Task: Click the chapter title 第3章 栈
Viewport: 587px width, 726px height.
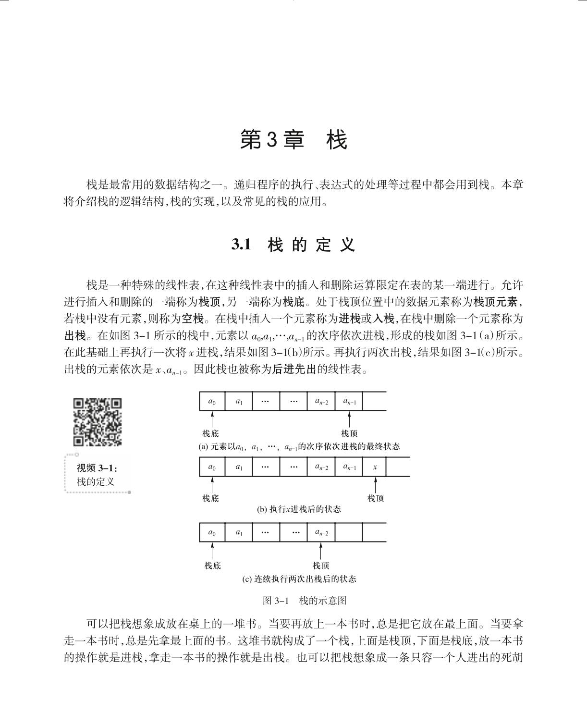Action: (x=293, y=140)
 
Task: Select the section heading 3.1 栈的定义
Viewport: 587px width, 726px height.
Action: (x=293, y=245)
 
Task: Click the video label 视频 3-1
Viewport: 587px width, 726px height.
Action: (x=97, y=468)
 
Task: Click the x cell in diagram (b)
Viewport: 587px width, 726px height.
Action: (x=375, y=467)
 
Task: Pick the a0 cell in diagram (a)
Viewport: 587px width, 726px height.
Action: (x=212, y=401)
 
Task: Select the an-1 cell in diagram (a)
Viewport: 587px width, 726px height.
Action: (x=349, y=401)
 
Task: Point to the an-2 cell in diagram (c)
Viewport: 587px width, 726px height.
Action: (x=321, y=532)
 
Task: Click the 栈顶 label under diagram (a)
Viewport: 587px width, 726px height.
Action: (x=349, y=433)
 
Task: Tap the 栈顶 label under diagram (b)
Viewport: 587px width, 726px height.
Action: (x=376, y=498)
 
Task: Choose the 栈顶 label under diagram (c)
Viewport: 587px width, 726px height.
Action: (x=321, y=566)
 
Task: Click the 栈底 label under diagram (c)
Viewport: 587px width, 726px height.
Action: (x=212, y=566)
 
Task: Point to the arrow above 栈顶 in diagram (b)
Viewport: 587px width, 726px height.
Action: (x=376, y=484)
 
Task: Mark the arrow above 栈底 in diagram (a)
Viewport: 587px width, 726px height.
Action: (x=212, y=419)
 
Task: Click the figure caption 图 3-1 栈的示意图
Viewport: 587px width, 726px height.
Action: (x=305, y=601)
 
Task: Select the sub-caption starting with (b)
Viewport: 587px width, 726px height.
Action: (x=299, y=509)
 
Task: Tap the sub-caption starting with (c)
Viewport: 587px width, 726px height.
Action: (x=299, y=579)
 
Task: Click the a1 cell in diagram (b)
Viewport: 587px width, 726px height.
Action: (x=239, y=467)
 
